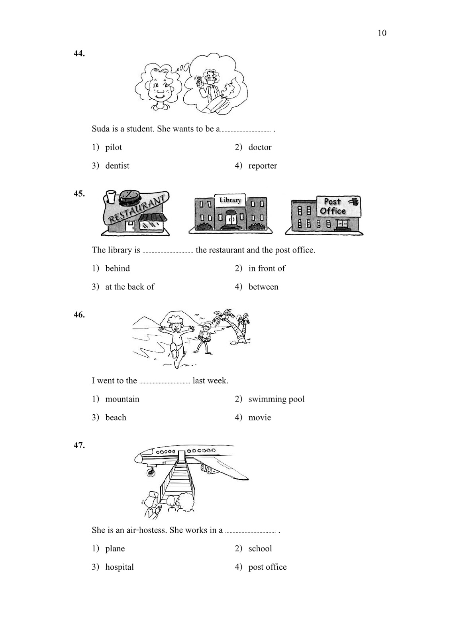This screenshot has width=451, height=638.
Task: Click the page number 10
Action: coord(382,33)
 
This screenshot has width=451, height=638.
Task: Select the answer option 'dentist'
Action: coord(117,165)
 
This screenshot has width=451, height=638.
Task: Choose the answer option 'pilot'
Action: coord(114,147)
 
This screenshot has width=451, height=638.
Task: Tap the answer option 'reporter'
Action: coord(263,165)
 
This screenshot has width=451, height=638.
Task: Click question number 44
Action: coord(79,53)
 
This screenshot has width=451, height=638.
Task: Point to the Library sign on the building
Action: coord(230,200)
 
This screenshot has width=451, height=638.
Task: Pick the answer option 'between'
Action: coord(263,287)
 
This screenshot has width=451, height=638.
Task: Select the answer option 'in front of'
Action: coord(267,268)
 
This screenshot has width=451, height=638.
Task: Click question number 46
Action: coord(79,315)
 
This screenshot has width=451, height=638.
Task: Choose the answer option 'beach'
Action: coord(116,417)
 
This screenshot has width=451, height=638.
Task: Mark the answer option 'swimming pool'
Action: coord(276,399)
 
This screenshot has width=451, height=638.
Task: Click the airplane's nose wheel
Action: coord(151,473)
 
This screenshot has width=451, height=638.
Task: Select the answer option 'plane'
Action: coord(115,549)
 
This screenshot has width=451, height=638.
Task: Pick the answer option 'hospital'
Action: coord(119,567)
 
